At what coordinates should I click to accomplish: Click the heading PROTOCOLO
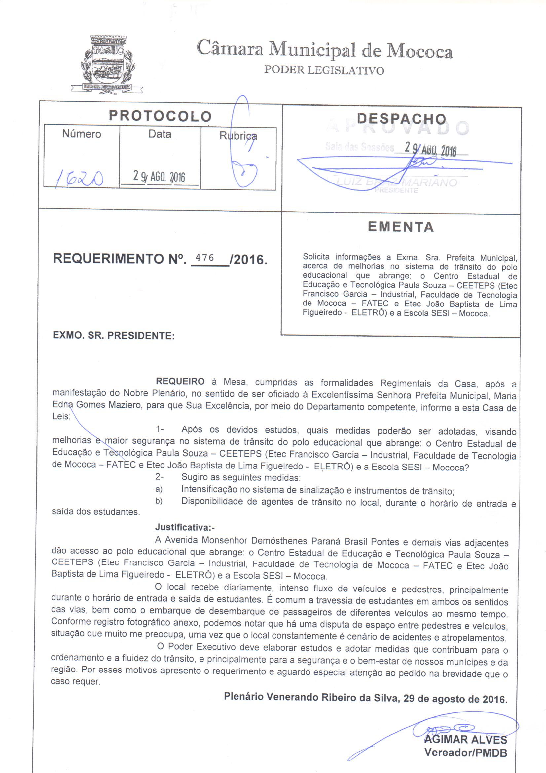160,116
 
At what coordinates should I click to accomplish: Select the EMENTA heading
401,227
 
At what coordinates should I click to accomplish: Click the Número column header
82,134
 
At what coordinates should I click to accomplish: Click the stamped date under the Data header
159,176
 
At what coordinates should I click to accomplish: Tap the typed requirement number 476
204,258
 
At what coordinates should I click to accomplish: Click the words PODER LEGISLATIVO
324,70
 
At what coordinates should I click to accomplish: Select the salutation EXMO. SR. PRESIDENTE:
114,336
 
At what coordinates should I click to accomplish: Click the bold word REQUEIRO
180,382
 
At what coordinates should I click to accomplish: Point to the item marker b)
159,501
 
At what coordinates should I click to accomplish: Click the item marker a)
159,489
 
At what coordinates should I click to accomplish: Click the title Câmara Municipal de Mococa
324,50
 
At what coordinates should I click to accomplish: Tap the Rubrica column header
238,136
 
